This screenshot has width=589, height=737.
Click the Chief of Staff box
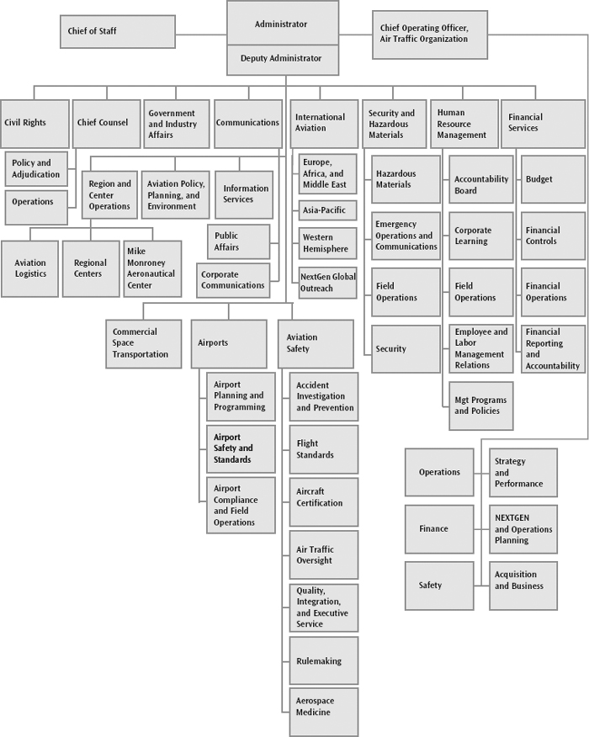point(118,31)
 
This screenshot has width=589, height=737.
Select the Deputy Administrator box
point(283,60)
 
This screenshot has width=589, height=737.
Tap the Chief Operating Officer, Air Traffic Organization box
point(430,34)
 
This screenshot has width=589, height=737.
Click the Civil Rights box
point(34,124)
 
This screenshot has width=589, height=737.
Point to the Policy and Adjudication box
point(36,169)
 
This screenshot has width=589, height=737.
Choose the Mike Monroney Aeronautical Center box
point(152,269)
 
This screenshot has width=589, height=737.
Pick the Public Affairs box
point(239,241)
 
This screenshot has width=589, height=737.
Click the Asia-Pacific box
point(327,210)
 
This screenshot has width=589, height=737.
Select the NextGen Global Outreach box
point(327,283)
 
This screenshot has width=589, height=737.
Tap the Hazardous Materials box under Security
point(406,179)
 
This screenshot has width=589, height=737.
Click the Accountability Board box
point(481,179)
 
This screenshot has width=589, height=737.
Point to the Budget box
point(553,179)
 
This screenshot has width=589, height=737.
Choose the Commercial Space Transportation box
point(143,344)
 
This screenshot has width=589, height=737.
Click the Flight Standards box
point(323,449)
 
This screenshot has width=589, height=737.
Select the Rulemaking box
point(323,660)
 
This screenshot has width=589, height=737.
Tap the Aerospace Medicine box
point(323,712)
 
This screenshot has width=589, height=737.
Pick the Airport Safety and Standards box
point(241,449)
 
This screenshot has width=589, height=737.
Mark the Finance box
point(439,529)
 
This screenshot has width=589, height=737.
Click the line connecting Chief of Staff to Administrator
point(201,34)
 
